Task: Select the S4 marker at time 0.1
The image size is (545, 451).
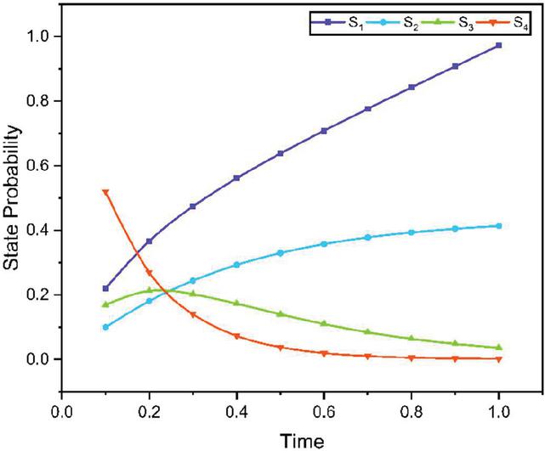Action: (105, 192)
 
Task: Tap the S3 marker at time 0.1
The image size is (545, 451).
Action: (105, 304)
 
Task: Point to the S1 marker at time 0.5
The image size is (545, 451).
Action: (281, 154)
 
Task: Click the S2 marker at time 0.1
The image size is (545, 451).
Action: (105, 327)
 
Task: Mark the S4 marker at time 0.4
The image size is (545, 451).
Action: (236, 336)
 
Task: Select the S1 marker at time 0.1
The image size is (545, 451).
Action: (105, 288)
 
